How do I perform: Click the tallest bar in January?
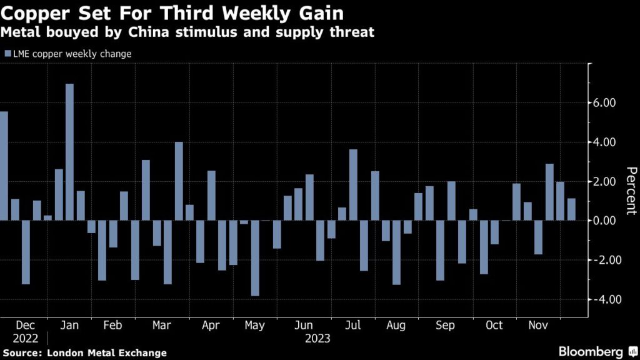(69, 152)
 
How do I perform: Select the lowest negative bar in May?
(255, 257)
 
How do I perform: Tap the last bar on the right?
(571, 209)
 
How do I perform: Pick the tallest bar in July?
(353, 184)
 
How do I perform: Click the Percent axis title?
(631, 191)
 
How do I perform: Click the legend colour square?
(7, 54)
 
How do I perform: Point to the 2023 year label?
(317, 339)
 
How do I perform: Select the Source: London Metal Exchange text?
(84, 353)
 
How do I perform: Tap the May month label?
(254, 326)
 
